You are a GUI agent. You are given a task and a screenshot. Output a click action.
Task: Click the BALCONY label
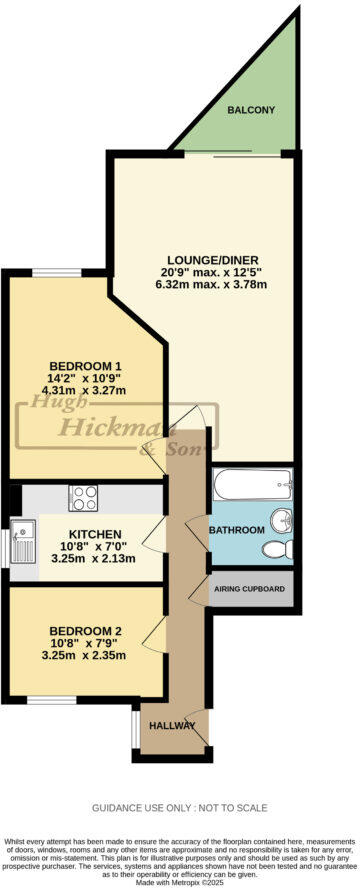(250, 110)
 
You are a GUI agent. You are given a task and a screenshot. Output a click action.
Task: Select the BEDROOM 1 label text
(77, 366)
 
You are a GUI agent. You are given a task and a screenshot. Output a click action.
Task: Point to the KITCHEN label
(96, 534)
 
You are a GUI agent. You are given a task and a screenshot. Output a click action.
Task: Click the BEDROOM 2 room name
(84, 630)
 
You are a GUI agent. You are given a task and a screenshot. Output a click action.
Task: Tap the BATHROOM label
(236, 530)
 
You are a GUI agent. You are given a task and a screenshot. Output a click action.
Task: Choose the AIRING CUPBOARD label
(251, 591)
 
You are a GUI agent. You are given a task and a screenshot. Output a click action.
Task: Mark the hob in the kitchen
(83, 496)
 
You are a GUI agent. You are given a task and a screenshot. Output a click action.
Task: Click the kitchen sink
(23, 542)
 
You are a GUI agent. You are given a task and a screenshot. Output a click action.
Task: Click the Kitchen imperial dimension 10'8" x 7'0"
(96, 547)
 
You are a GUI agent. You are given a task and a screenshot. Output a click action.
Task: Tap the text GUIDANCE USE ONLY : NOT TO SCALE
(180, 807)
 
